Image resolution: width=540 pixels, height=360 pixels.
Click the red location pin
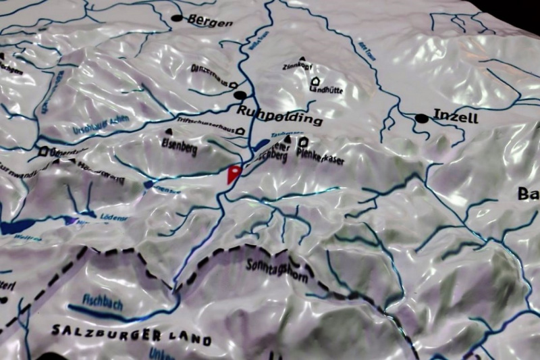(234, 174)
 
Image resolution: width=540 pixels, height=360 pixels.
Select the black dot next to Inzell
(422, 118)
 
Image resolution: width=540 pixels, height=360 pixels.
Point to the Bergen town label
(210, 21)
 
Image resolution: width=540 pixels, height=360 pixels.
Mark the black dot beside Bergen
(178, 18)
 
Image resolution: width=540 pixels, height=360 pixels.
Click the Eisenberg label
(180, 145)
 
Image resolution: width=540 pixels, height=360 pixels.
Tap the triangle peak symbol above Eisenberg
(167, 131)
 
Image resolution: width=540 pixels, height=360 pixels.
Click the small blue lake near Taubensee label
(261, 145)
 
